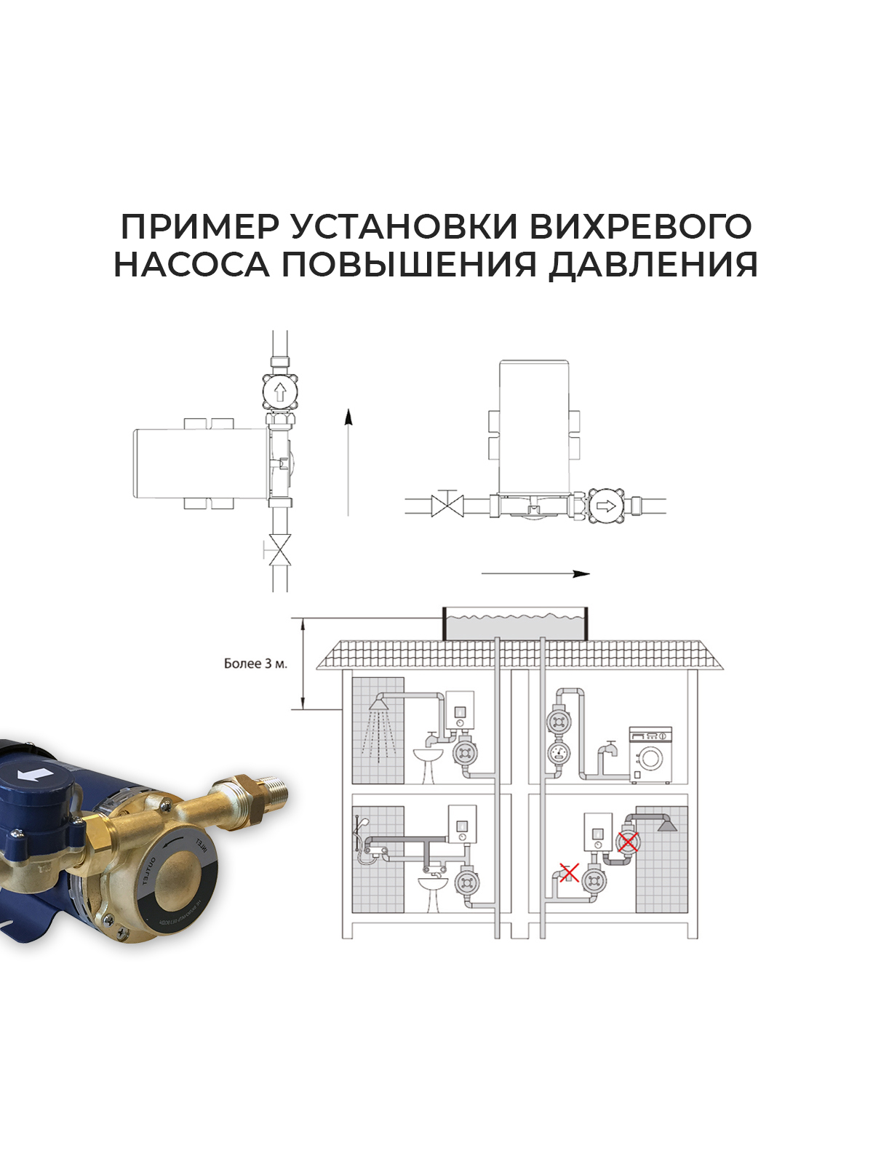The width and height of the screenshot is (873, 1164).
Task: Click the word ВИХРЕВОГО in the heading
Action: click(x=639, y=227)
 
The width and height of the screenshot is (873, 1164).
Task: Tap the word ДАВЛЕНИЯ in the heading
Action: click(x=653, y=264)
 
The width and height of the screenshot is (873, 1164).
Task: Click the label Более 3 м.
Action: click(x=255, y=663)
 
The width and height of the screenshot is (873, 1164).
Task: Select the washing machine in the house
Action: click(x=650, y=755)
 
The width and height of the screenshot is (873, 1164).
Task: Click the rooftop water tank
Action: click(x=515, y=623)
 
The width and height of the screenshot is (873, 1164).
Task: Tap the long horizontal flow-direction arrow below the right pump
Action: click(x=535, y=574)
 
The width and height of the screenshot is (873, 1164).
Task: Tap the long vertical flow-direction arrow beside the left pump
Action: click(x=348, y=462)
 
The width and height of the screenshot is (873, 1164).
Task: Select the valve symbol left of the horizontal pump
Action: click(x=447, y=504)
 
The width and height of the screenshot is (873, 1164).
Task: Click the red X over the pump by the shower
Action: click(x=628, y=842)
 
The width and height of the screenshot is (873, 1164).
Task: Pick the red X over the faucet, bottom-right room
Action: click(x=568, y=872)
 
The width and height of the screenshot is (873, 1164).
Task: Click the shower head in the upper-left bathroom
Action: click(x=379, y=703)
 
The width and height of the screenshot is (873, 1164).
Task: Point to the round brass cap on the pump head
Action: click(x=179, y=874)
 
